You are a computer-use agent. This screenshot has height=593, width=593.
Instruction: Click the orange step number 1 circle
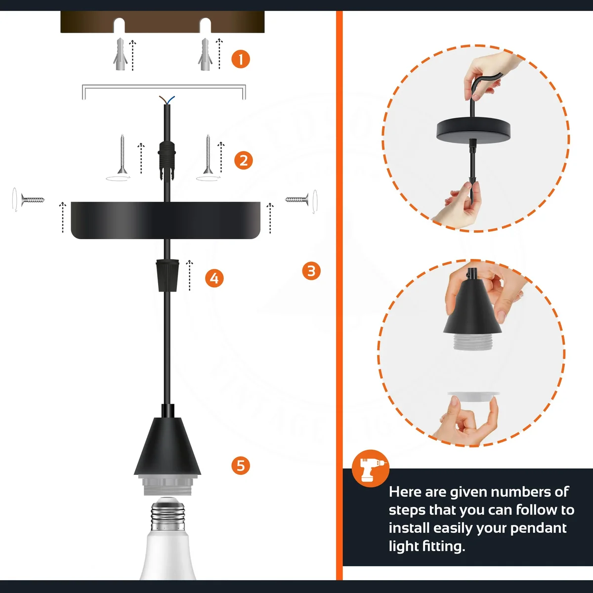241,59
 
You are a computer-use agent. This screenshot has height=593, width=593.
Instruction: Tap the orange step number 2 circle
243,161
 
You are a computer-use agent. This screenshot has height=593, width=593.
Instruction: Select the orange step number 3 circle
311,271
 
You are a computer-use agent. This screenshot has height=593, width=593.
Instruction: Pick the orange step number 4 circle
214,278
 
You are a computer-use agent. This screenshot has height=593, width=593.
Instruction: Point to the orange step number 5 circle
241,466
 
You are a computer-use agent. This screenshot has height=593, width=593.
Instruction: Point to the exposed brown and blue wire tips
166,100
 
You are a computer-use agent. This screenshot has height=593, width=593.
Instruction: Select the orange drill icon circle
371,468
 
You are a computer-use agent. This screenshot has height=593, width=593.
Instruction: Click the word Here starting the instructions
405,492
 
